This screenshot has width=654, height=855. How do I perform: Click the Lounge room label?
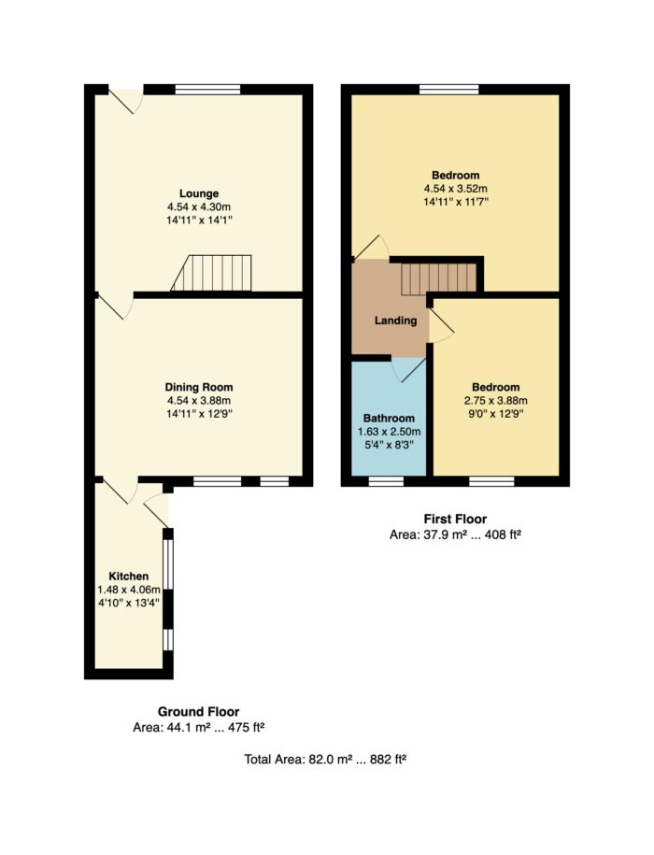(199, 193)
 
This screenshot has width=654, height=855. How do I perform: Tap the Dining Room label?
(199, 387)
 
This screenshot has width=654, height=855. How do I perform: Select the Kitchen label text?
(129, 577)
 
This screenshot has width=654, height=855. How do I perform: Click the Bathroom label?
(389, 419)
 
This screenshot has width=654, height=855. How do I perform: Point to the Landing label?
(396, 321)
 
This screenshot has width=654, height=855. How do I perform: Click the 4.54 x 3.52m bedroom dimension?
(456, 189)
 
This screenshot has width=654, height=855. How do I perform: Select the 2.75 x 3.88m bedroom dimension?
(495, 400)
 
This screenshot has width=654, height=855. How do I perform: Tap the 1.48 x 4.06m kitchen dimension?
(129, 590)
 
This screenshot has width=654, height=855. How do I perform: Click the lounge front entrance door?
(126, 99)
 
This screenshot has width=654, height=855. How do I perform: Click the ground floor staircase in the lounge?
(211, 273)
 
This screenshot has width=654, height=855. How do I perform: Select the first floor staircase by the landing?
(439, 278)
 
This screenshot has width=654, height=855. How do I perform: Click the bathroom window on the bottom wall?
(386, 481)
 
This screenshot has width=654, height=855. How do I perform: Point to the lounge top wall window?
(207, 90)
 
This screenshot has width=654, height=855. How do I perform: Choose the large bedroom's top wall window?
(449, 90)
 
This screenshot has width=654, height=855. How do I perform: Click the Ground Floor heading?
(198, 712)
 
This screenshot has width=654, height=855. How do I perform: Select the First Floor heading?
(455, 520)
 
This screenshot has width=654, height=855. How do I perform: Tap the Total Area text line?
(325, 759)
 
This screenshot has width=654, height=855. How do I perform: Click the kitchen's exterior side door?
(157, 510)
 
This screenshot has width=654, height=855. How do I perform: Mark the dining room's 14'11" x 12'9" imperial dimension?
(199, 414)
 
